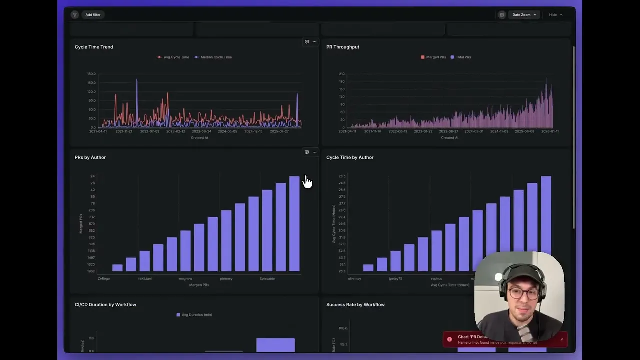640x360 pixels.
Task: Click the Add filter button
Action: click(x=93, y=15)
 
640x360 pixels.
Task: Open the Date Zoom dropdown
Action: click(x=524, y=15)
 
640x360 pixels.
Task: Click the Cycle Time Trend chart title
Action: click(x=94, y=47)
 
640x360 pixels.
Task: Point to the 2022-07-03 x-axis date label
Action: click(x=150, y=131)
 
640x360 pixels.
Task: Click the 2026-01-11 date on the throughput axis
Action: click(x=550, y=131)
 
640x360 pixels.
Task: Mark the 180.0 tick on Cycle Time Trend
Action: click(x=91, y=74)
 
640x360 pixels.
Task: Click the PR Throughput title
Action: click(x=343, y=47)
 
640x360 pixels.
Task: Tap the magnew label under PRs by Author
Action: click(x=185, y=278)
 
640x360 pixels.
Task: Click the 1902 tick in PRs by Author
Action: click(x=91, y=271)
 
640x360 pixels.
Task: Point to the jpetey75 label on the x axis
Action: click(x=395, y=278)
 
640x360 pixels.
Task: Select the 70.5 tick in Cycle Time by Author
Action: click(x=342, y=271)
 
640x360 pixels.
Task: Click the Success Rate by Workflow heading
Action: click(x=355, y=304)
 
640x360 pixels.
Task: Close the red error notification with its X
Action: click(x=562, y=339)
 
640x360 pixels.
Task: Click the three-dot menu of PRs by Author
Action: click(x=314, y=152)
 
